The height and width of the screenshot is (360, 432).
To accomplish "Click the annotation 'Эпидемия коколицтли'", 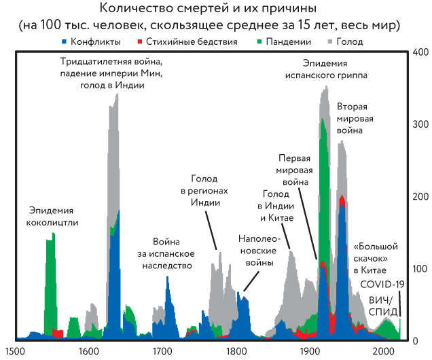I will [52, 216].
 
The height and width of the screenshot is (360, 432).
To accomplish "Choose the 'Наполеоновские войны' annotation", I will [256, 250].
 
